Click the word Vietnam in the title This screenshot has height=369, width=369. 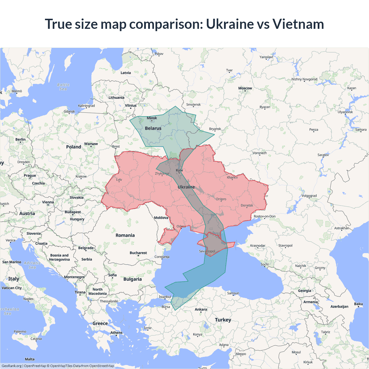click(298, 24)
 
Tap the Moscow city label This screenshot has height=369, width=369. click(245, 88)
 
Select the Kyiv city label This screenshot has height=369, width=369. click(179, 170)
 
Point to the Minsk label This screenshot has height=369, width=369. click(152, 118)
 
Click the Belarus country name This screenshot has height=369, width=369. click(153, 128)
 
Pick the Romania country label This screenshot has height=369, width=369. click(125, 235)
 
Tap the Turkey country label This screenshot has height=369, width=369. click(223, 320)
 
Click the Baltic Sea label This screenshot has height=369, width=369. click(63, 87)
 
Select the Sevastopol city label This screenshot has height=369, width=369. click(207, 251)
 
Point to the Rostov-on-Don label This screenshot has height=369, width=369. click(264, 216)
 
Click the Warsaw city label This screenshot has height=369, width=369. click(91, 144)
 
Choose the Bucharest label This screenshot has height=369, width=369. click(138, 253)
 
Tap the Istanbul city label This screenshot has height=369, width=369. click(165, 297)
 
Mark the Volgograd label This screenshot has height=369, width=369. click(309, 196)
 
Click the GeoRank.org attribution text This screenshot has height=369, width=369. click(12, 366)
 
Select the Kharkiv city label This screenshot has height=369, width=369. click(232, 177)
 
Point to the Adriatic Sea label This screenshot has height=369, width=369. click(32, 265)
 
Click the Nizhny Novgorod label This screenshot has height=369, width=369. click(304, 79)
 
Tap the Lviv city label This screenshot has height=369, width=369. click(119, 180)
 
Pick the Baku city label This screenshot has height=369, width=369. click(358, 304)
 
